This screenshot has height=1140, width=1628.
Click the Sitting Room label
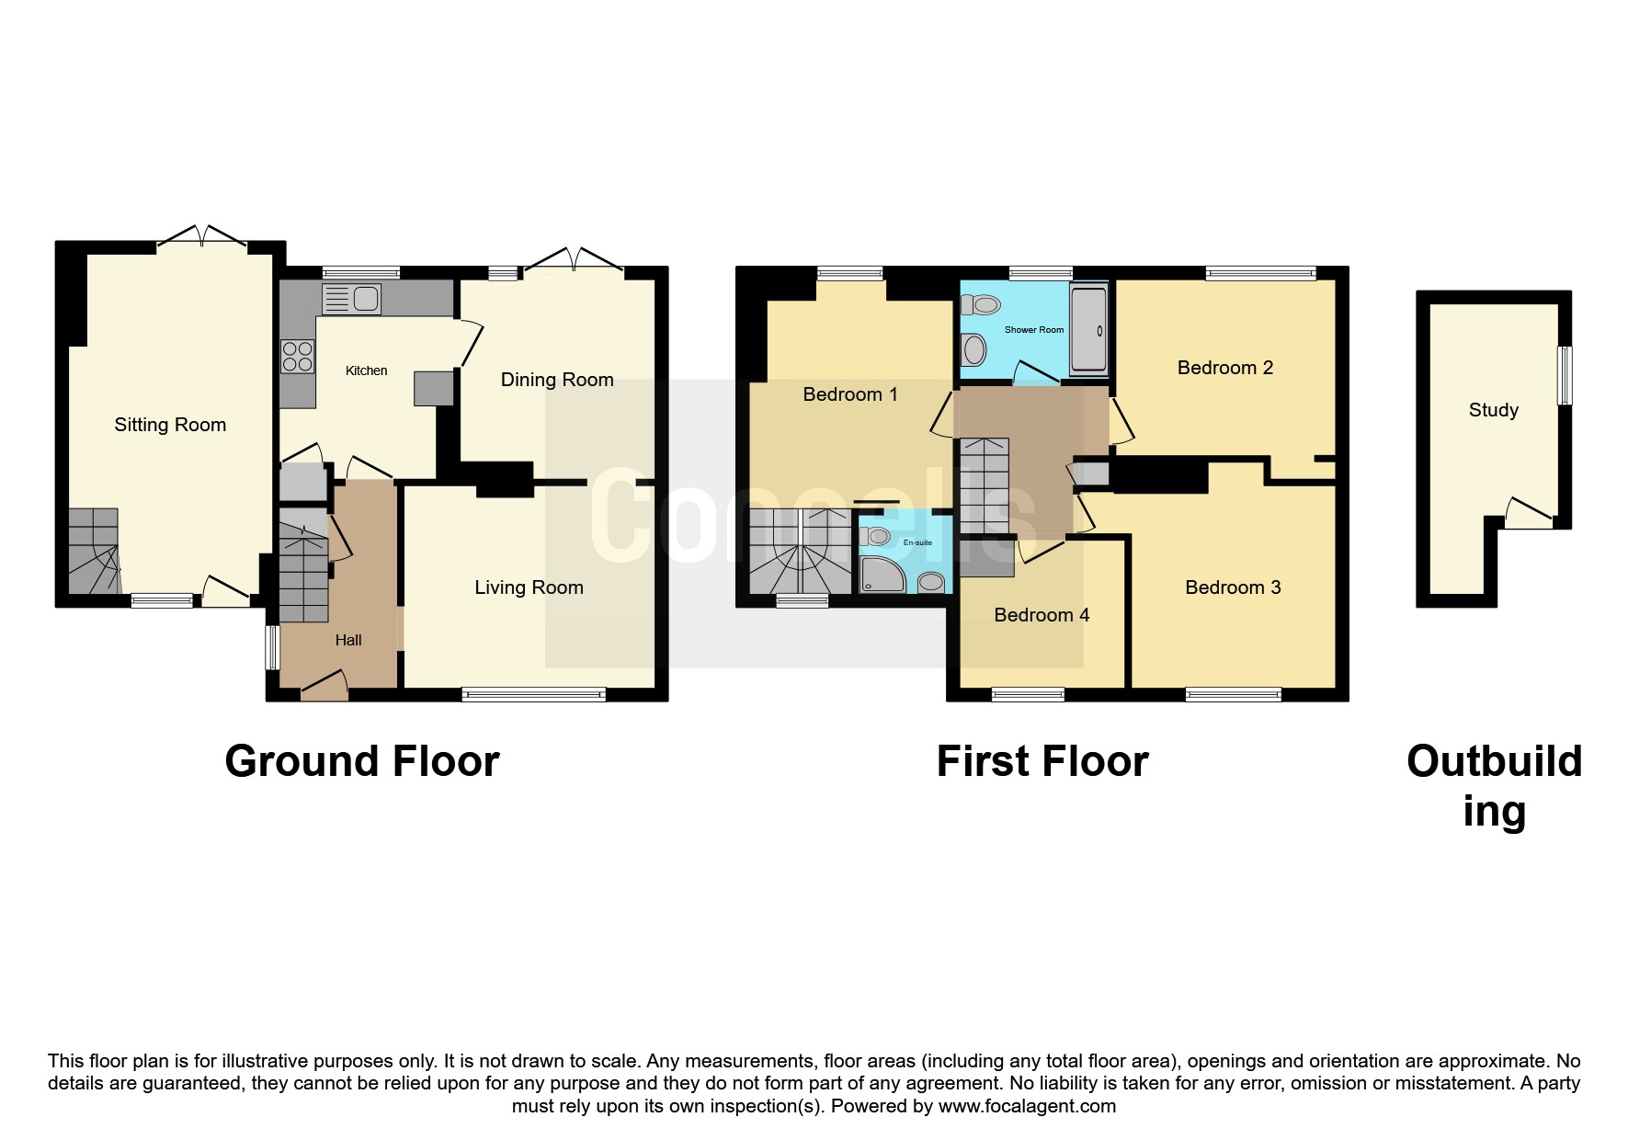click(170, 425)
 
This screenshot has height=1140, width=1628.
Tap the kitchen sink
click(351, 300)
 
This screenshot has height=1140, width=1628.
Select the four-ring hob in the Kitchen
click(297, 357)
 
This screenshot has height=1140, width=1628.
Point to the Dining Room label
click(557, 380)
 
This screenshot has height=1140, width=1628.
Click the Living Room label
click(529, 587)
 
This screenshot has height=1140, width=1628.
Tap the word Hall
click(348, 640)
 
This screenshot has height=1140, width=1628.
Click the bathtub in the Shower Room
click(1088, 329)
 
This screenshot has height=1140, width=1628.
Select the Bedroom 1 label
click(850, 394)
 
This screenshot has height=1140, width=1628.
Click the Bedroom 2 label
click(1225, 368)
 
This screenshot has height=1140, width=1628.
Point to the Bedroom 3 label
click(1233, 587)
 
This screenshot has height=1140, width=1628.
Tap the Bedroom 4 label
click(1042, 615)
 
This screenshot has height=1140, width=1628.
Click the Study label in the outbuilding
click(1494, 410)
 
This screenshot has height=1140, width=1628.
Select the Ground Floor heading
click(362, 761)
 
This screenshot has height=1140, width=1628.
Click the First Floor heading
click(1042, 761)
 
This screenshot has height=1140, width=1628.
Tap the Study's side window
click(1565, 375)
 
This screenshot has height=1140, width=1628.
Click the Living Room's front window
click(534, 695)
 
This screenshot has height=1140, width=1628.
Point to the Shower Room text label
click(1034, 330)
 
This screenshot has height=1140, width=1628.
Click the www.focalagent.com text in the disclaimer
click(1027, 1106)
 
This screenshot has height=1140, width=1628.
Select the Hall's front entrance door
click(324, 685)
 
